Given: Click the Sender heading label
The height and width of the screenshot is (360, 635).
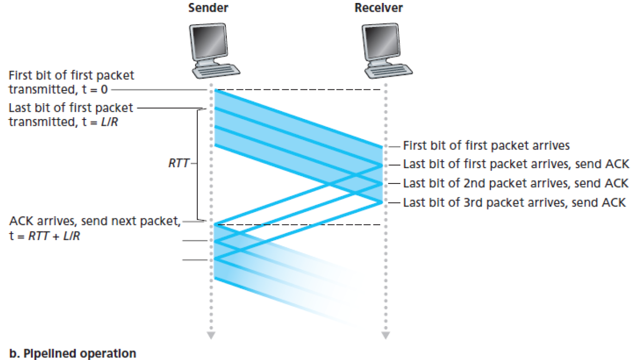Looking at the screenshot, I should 208,8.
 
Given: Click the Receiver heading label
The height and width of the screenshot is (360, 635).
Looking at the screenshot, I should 378,8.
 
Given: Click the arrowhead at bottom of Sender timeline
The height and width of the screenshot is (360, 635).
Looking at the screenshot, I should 211,335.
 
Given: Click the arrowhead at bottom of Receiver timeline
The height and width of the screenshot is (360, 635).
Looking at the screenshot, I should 385,335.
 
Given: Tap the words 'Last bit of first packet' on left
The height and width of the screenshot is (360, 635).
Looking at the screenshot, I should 71,107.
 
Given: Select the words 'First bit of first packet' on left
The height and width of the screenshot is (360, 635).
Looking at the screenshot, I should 71,76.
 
